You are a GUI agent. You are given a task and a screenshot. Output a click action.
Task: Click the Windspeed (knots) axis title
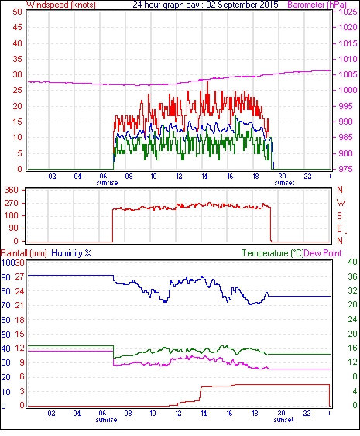[x=60, y=5]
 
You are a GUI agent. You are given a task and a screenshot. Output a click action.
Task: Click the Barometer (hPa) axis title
[x=317, y=5]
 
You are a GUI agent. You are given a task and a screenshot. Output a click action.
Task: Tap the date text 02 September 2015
[x=242, y=5]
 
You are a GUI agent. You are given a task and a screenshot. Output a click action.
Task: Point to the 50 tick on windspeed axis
[x=17, y=12]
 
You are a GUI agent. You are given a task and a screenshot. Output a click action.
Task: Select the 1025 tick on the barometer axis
[x=348, y=12]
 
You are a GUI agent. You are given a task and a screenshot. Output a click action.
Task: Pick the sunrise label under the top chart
[x=107, y=183]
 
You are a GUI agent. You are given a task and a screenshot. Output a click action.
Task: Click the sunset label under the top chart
[x=284, y=183]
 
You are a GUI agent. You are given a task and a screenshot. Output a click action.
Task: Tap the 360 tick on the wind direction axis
[x=12, y=191]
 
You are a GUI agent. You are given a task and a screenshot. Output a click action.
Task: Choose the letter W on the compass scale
[x=341, y=203]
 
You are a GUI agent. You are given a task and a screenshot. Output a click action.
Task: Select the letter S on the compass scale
[x=339, y=215]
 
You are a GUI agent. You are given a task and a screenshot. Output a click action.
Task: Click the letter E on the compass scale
[x=339, y=228]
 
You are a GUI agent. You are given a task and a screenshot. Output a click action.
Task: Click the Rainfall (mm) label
[x=24, y=253]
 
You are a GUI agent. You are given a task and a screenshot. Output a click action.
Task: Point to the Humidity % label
[x=71, y=253]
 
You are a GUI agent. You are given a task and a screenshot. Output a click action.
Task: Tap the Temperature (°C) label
[x=273, y=253]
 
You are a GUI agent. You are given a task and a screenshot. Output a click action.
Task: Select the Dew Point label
[x=323, y=253]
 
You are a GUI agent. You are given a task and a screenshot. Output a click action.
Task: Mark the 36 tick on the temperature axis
[x=352, y=276]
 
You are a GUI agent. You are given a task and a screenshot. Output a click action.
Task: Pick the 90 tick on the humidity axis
[x=6, y=277]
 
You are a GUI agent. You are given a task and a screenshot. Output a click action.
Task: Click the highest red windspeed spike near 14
[x=207, y=81]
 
